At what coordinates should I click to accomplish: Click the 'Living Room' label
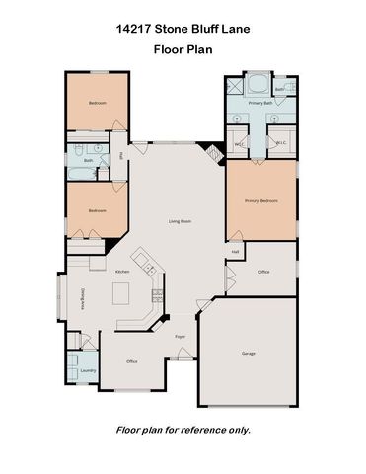pyautogui.click(x=179, y=220)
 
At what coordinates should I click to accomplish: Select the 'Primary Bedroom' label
pyautogui.click(x=261, y=200)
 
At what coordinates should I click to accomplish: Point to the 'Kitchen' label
pyautogui.click(x=123, y=271)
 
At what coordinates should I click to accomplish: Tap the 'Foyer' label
pyautogui.click(x=181, y=337)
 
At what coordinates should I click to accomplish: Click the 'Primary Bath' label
pyautogui.click(x=260, y=103)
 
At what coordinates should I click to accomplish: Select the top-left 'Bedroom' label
pyautogui.click(x=97, y=103)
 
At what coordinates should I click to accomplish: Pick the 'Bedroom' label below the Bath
pyautogui.click(x=97, y=210)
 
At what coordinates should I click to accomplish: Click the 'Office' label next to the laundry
pyautogui.click(x=131, y=361)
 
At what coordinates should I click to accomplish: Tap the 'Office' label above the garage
pyautogui.click(x=263, y=271)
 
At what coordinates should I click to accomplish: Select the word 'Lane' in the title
pyautogui.click(x=235, y=30)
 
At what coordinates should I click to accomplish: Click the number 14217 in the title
pyautogui.click(x=134, y=30)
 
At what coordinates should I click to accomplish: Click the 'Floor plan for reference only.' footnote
pyautogui.click(x=183, y=430)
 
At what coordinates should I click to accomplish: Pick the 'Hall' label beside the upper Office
pyautogui.click(x=236, y=251)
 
